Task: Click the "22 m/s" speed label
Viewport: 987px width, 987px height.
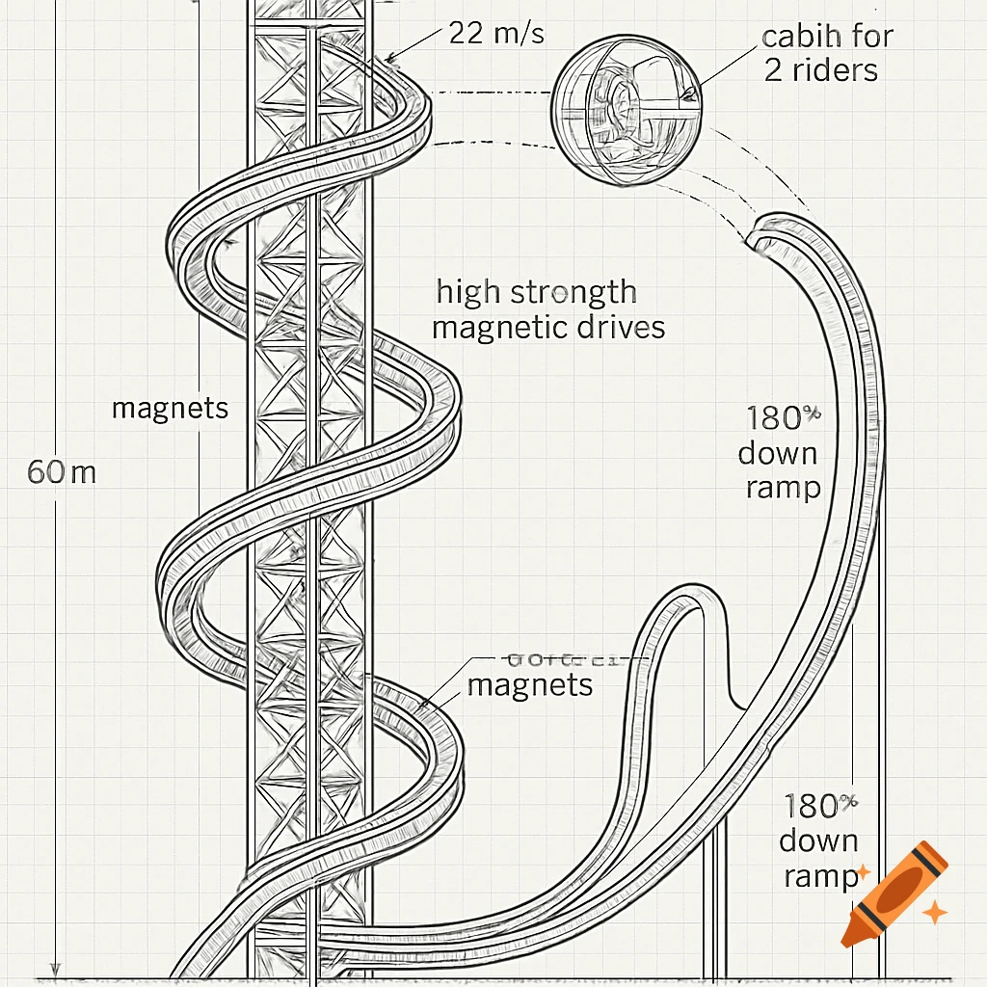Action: coord(496,34)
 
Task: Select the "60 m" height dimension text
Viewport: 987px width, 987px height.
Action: coord(62,472)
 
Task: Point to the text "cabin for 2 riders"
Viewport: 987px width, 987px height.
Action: coord(826,53)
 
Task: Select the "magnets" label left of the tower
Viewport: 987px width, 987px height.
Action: coord(170,408)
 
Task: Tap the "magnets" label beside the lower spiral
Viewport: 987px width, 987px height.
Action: coord(529,685)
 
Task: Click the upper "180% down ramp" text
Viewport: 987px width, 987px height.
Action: coord(783,452)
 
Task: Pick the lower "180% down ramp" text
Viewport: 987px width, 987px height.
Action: coord(819,840)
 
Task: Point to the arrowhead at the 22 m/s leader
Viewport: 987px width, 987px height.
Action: coord(389,59)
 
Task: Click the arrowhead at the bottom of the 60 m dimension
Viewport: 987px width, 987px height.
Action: coord(56,968)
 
